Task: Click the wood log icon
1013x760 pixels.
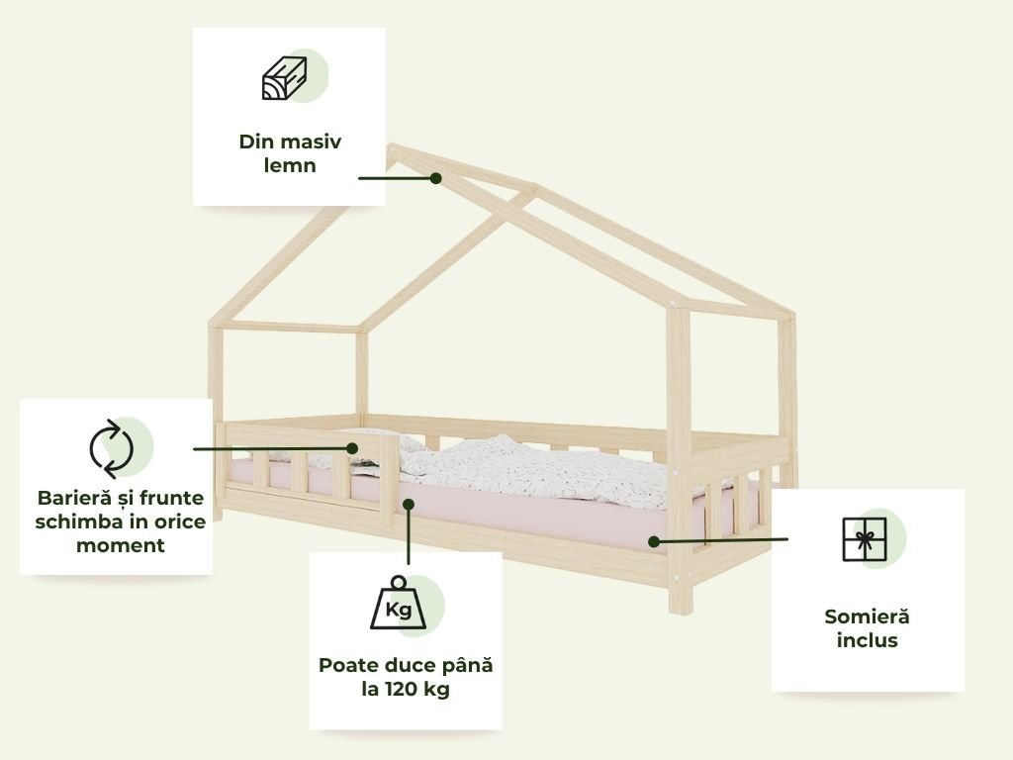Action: point(285,78)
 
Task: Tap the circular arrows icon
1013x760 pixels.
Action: point(111,448)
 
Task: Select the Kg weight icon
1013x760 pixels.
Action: point(398,604)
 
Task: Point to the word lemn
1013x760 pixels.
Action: point(290,165)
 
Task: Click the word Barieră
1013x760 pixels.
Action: point(78,497)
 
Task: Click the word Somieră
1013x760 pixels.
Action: point(867,617)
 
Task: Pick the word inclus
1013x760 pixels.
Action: point(867,640)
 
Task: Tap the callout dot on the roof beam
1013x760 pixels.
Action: point(435,178)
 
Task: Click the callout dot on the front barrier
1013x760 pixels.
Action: point(352,448)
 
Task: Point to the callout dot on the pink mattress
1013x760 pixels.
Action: point(654,541)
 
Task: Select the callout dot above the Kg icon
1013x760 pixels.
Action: point(408,504)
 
